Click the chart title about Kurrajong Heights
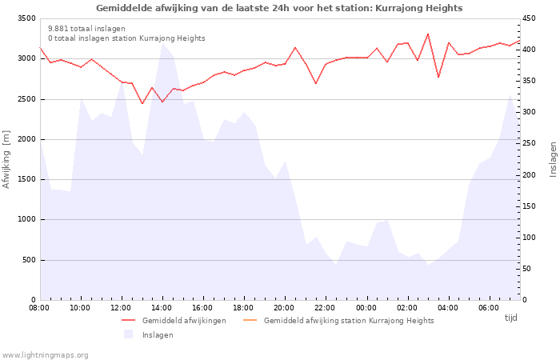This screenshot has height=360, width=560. [x=279, y=8]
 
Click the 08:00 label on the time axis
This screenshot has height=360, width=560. [x=39, y=307]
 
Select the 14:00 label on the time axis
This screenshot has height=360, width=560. [x=162, y=307]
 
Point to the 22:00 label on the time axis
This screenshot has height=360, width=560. [x=325, y=307]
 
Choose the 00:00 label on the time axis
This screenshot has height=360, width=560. [x=366, y=307]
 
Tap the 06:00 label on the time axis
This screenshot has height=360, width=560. [x=488, y=307]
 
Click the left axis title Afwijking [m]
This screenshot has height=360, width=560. [x=7, y=159]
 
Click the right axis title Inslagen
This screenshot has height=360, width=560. [x=553, y=159]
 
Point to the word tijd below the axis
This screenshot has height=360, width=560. [x=511, y=318]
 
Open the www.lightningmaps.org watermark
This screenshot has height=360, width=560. [x=46, y=354]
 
